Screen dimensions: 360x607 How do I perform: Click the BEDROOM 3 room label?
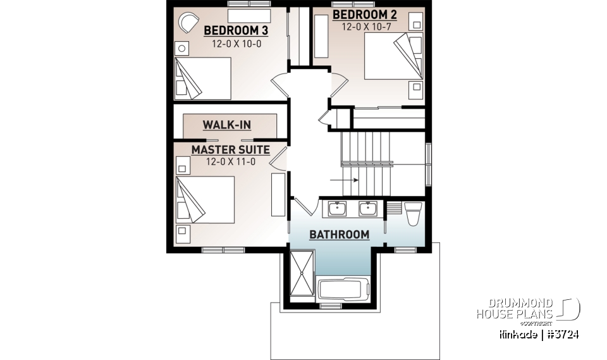coord(231,30)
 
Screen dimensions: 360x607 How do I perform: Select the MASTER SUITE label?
coord(230,150)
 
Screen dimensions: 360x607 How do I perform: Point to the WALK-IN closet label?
coord(226,125)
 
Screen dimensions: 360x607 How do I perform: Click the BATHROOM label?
coord(339,235)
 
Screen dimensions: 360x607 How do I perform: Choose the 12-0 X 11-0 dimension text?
coord(230,162)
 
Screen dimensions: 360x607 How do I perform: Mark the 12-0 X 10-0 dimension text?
coord(231,43)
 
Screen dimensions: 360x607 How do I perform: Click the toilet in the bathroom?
coord(414,214)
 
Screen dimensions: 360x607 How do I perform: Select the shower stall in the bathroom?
coord(302,273)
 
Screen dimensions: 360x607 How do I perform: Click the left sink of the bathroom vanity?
coord(336,208)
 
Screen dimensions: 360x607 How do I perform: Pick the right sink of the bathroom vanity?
coord(366,208)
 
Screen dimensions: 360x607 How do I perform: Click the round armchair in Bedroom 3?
coord(188,24)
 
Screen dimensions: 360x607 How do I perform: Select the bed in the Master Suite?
coord(205,199)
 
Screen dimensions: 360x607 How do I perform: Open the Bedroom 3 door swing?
coord(279,85)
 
